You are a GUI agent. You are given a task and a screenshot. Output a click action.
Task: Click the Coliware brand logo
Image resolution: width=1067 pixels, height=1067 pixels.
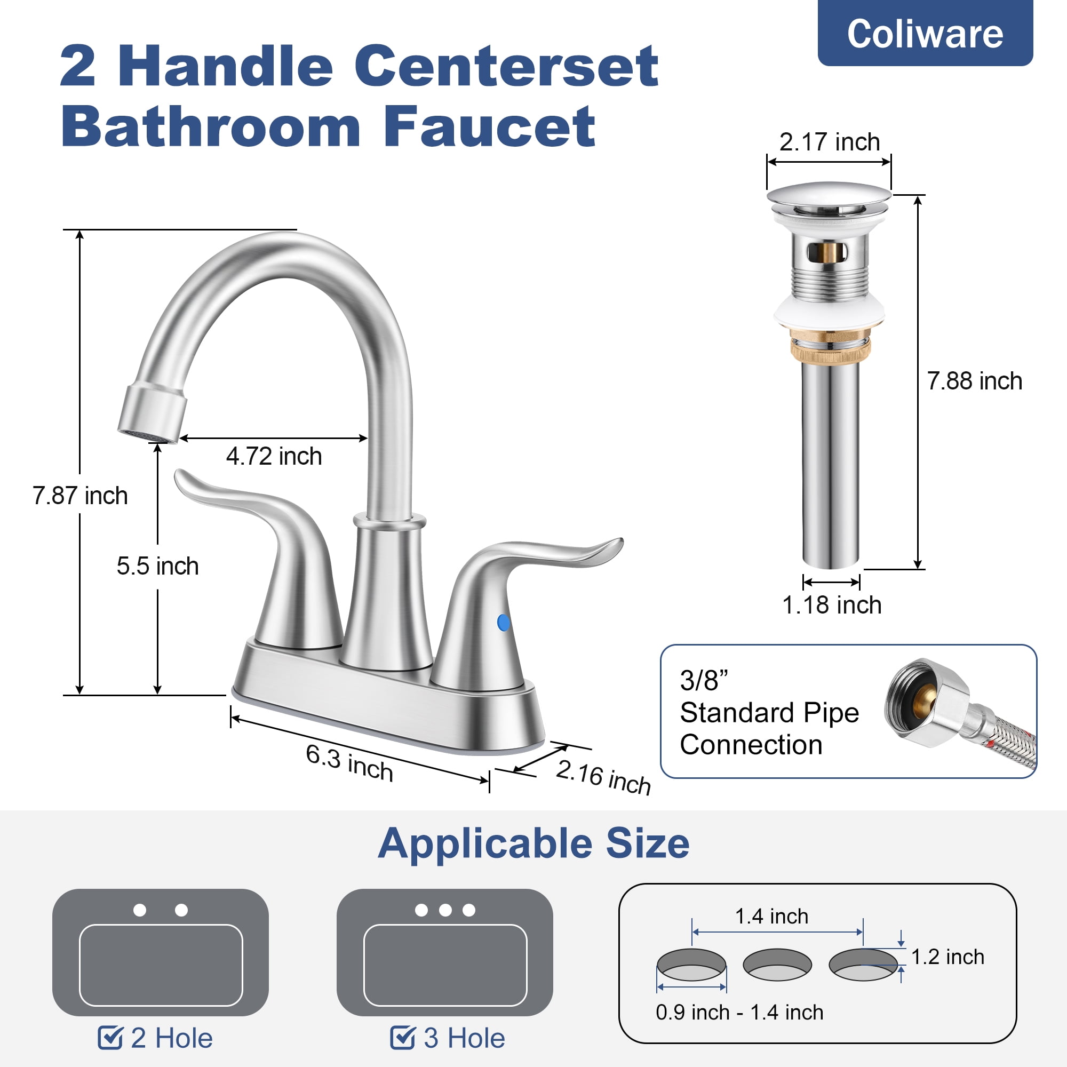coord(925,33)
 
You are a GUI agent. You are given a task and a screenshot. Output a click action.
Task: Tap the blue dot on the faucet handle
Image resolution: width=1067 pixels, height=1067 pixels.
coord(503,623)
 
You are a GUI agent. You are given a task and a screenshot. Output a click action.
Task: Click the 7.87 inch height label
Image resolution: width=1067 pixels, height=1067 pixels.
coord(80,496)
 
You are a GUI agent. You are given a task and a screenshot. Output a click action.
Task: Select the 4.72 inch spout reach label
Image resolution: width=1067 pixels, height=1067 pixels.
coord(274,456)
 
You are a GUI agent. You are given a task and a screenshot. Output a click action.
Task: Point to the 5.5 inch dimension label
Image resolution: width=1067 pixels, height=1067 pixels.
coord(157,566)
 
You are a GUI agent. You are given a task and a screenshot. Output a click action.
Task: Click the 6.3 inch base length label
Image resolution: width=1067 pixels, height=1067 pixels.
coord(349,763)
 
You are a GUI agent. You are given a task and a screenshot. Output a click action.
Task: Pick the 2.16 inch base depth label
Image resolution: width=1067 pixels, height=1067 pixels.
coord(603,778)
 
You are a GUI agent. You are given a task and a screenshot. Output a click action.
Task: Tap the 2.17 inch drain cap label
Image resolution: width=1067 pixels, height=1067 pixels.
coord(830,142)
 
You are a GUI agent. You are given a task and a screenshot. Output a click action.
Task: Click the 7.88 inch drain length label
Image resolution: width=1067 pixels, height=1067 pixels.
coord(975,381)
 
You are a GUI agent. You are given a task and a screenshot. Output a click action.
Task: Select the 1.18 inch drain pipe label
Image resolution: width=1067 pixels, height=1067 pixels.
coord(832,606)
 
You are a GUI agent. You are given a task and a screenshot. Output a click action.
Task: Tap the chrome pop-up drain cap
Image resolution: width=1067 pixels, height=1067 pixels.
coord(829,193)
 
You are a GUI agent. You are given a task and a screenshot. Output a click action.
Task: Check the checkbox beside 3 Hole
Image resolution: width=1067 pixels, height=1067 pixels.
coord(402,1038)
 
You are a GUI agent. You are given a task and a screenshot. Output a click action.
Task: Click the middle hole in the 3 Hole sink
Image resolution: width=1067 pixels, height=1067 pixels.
coord(445,910)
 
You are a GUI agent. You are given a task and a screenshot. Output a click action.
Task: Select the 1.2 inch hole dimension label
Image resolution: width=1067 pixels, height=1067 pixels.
coord(947,957)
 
